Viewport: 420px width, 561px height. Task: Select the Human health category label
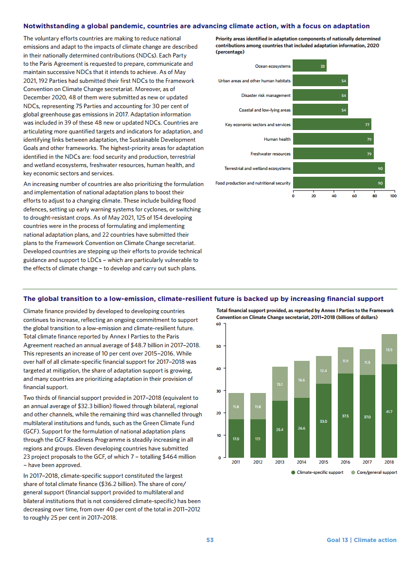point(277,139)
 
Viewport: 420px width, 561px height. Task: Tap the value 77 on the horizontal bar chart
point(367,125)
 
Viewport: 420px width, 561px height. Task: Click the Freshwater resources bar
point(333,154)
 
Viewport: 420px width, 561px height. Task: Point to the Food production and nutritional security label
point(253,183)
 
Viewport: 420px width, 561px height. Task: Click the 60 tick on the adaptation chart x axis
point(354,196)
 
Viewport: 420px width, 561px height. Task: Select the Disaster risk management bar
point(320,95)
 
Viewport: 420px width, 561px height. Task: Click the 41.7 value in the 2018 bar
point(389,412)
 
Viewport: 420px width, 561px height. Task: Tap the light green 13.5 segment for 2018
point(389,349)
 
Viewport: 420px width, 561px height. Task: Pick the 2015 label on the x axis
point(323,462)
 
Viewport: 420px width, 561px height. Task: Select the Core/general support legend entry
point(374,472)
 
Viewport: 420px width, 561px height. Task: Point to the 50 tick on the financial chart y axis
point(220,346)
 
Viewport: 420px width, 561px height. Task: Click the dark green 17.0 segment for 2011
point(236,438)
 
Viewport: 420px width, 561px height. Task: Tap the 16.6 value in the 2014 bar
point(301,379)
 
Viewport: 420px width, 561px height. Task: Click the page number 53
point(210,540)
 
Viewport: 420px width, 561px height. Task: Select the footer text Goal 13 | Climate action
point(362,540)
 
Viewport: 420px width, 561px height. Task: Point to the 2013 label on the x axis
point(280,462)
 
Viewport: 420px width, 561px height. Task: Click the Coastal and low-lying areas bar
point(320,110)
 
